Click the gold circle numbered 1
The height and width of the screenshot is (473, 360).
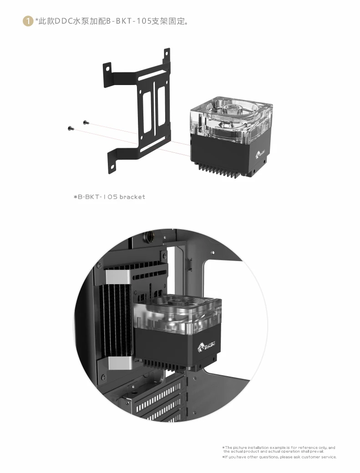pyautogui.click(x=28, y=21)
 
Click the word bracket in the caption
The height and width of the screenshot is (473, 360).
pyautogui.click(x=132, y=197)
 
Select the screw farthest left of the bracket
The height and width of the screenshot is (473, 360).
pyautogui.click(x=71, y=129)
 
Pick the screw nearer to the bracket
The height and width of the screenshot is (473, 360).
pyautogui.click(x=86, y=122)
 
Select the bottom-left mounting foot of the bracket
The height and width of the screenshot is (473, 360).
pyautogui.click(x=112, y=166)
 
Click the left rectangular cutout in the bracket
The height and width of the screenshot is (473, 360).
pyautogui.click(x=147, y=111)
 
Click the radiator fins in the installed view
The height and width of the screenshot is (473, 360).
pyautogui.click(x=115, y=320)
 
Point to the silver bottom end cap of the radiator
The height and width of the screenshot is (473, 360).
pyautogui.click(x=120, y=363)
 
